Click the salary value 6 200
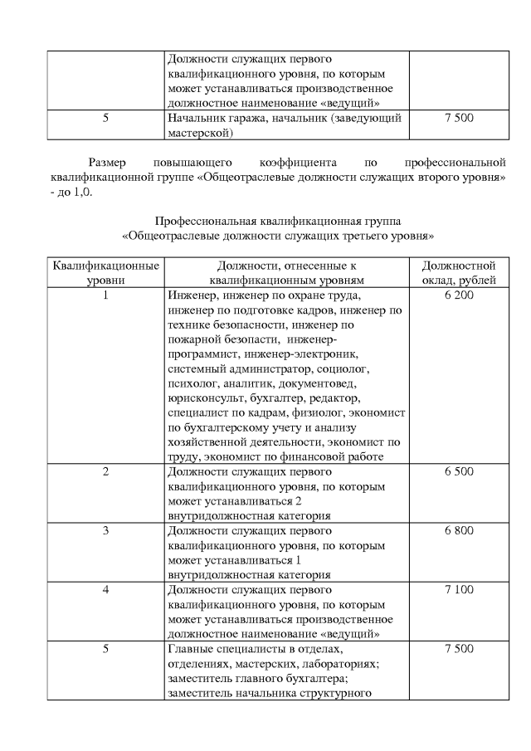pos(459,295)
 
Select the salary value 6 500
pos(459,471)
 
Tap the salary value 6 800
pos(459,530)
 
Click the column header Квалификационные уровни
pos(106,273)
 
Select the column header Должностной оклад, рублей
pos(459,273)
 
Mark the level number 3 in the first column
pos(106,530)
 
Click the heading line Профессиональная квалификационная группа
pos(279,222)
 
